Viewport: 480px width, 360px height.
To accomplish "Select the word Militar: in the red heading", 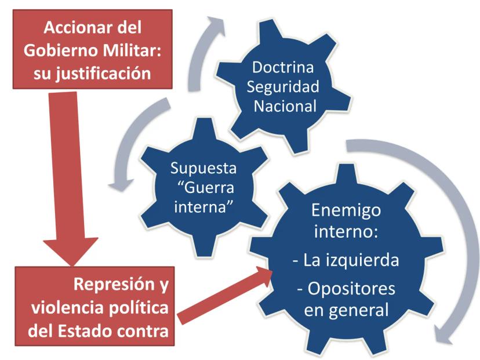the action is click(132, 50).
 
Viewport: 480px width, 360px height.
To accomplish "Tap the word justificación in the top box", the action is click(103, 74).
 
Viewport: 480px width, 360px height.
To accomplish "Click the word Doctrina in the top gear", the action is click(283, 67).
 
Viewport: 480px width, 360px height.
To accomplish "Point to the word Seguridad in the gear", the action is click(283, 87).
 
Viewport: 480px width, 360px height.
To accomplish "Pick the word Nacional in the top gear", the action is click(285, 106).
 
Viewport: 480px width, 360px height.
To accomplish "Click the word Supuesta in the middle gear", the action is click(203, 168).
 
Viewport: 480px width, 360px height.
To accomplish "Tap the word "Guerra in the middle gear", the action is click(206, 187).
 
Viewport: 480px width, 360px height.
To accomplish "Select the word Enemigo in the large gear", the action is click(346, 211).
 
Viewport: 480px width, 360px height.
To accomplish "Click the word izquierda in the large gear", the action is click(362, 260).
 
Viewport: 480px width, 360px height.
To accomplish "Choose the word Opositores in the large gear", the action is click(351, 289).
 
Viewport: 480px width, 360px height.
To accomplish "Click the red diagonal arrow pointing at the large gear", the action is click(225, 296).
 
